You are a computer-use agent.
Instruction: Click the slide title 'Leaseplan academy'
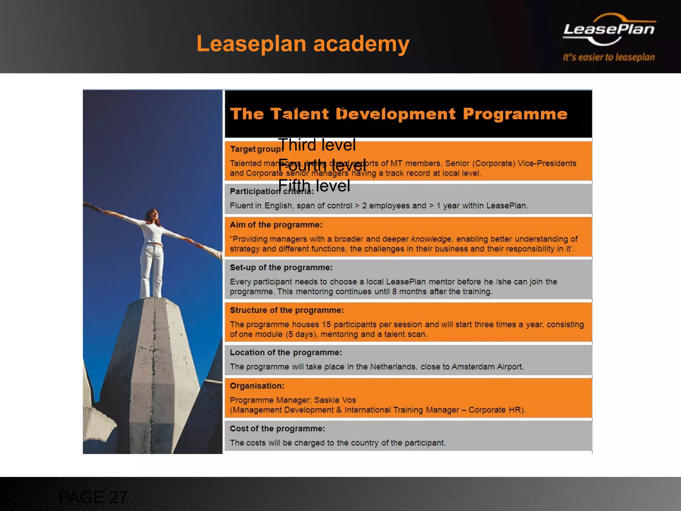(303, 44)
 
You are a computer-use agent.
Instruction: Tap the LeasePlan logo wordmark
(609, 29)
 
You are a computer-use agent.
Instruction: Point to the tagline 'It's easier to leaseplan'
(609, 57)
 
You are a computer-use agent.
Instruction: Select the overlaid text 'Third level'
(317, 145)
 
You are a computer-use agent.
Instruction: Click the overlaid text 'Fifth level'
(314, 186)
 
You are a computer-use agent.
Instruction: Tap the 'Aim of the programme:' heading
(276, 225)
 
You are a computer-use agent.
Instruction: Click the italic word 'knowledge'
(431, 239)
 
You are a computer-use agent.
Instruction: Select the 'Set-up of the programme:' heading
(281, 267)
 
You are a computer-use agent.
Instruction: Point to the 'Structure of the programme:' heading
(287, 310)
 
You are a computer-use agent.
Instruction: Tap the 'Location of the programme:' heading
(286, 353)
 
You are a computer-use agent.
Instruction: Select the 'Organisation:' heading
(257, 386)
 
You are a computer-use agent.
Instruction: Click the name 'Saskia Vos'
(335, 400)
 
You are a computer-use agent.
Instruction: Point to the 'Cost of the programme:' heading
(277, 428)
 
